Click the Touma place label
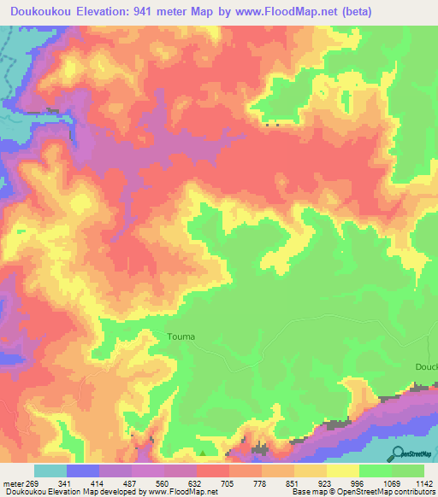coord(181,336)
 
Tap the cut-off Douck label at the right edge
coord(426,365)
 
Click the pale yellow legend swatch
coord(342,471)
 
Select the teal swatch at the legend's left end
coord(50,471)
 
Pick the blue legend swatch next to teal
coord(83,471)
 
